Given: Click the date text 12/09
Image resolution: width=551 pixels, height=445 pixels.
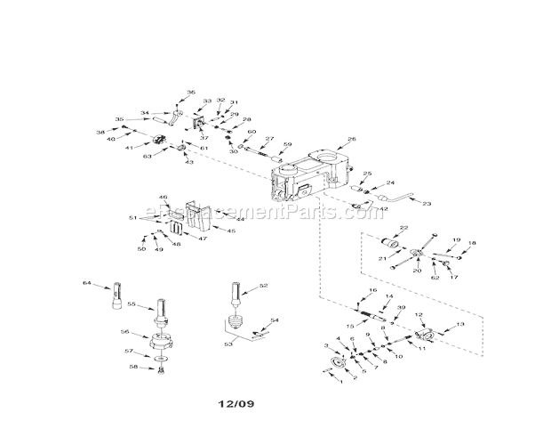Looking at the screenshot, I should point(236,404).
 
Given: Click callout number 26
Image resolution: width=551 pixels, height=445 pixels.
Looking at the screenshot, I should point(352,139).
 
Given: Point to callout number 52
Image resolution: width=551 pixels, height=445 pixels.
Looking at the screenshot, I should point(263,286).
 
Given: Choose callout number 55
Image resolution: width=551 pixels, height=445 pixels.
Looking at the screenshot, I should point(131,303).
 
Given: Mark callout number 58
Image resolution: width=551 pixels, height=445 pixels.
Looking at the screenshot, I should point(134,367).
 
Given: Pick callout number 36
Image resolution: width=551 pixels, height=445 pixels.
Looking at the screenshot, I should point(190,92).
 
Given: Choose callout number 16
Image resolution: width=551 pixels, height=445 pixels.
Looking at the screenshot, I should point(372,291).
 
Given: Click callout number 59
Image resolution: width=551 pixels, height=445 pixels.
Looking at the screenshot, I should point(287,144).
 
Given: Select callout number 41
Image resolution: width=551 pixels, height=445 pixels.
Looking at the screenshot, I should point(130,147).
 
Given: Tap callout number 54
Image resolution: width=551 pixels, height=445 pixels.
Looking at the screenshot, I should point(275,320).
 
